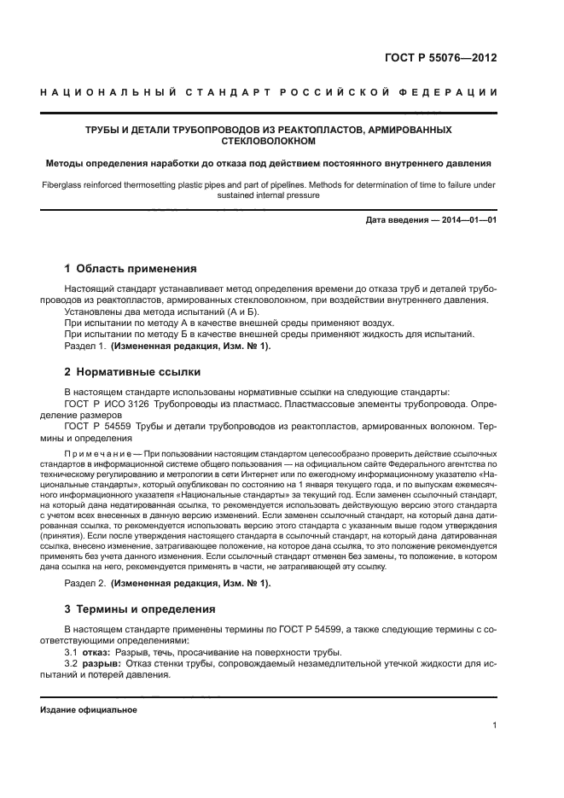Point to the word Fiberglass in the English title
[63, 184]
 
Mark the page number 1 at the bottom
[495, 727]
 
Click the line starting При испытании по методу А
[230, 323]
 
